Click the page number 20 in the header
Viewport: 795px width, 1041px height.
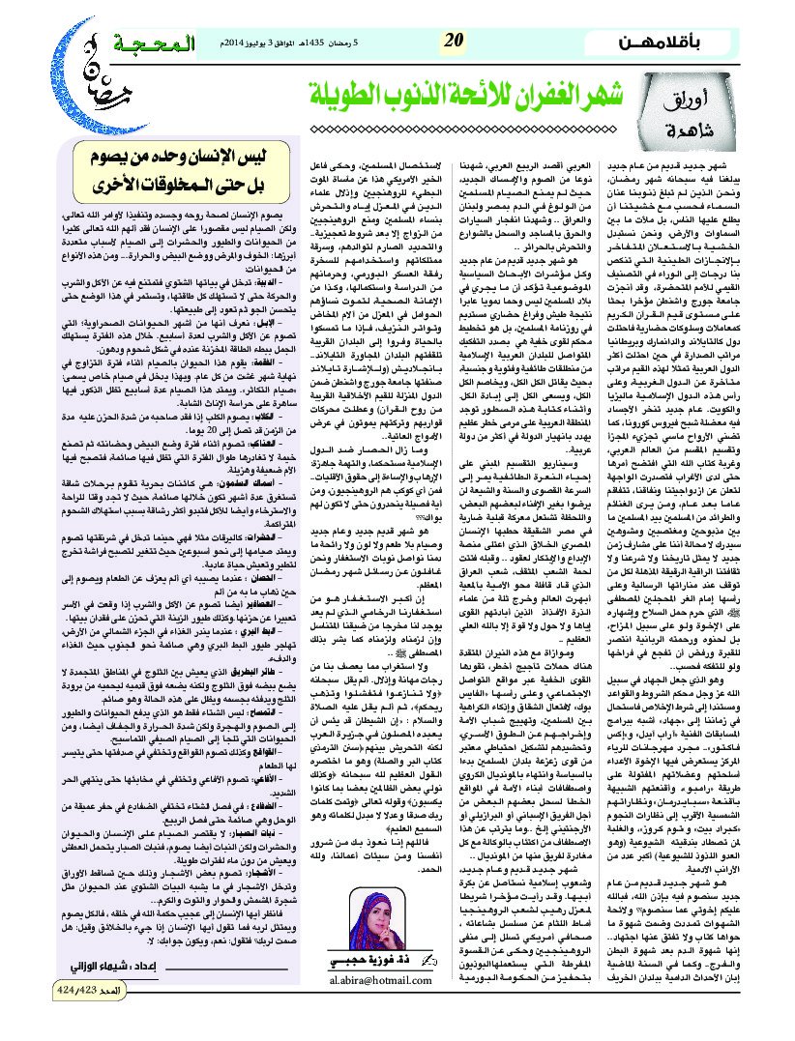point(454,41)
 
